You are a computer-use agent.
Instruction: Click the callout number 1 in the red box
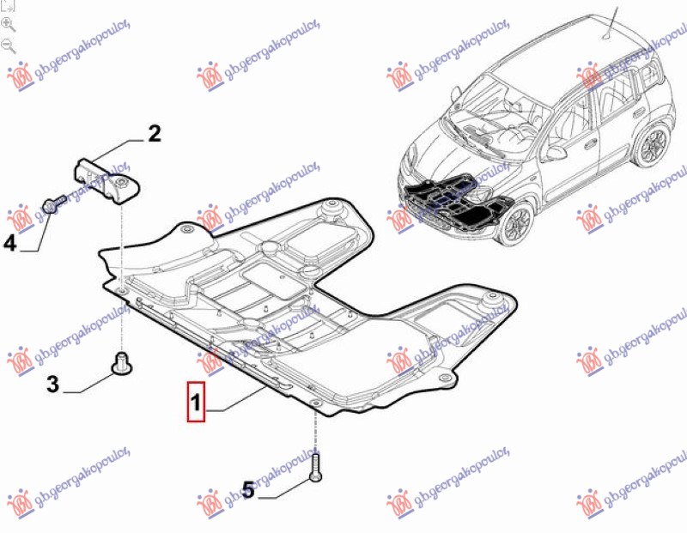[197, 401]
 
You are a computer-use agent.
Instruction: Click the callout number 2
[154, 134]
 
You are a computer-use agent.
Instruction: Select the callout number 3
[52, 385]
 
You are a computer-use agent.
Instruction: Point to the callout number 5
[248, 490]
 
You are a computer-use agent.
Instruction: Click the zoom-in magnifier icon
[9, 24]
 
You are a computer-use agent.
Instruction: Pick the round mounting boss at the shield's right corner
[493, 300]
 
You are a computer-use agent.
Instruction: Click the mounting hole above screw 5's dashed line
[315, 403]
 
